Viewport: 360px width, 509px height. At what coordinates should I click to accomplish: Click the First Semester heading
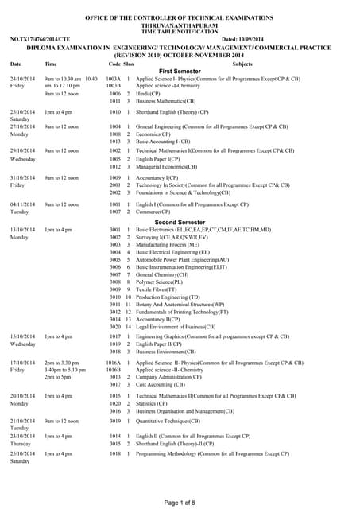(x=179, y=72)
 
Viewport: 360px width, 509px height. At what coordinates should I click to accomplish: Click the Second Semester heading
(x=179, y=222)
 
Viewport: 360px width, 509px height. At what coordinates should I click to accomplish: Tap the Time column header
(x=51, y=63)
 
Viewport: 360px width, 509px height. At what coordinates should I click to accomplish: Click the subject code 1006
(x=114, y=94)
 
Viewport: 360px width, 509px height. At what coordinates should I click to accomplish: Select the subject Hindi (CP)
(x=149, y=94)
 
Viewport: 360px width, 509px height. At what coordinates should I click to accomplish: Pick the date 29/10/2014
(x=23, y=150)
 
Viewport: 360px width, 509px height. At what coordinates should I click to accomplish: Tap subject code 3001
(x=114, y=230)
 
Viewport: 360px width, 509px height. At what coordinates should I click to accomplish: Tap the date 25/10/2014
(x=23, y=453)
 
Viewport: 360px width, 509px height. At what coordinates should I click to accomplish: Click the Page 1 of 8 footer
(x=180, y=502)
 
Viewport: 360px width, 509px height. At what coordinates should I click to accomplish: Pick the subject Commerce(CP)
(x=156, y=212)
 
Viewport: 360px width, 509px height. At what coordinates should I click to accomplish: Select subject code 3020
(x=114, y=327)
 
